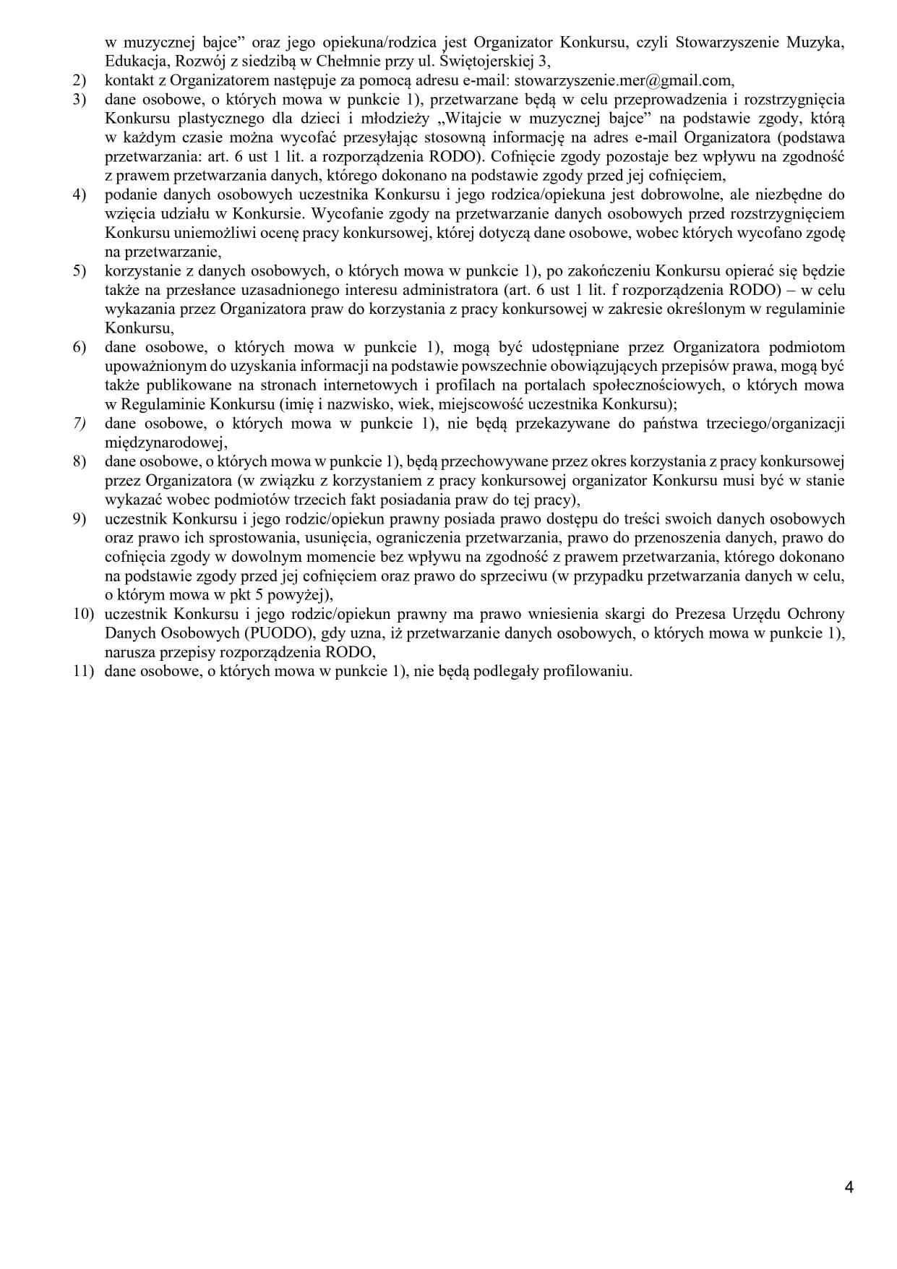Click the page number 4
coord(849,1187)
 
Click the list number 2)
coord(80,81)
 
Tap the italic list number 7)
coord(80,423)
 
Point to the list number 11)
coord(83,671)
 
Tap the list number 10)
coord(83,614)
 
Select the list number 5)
coord(80,271)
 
